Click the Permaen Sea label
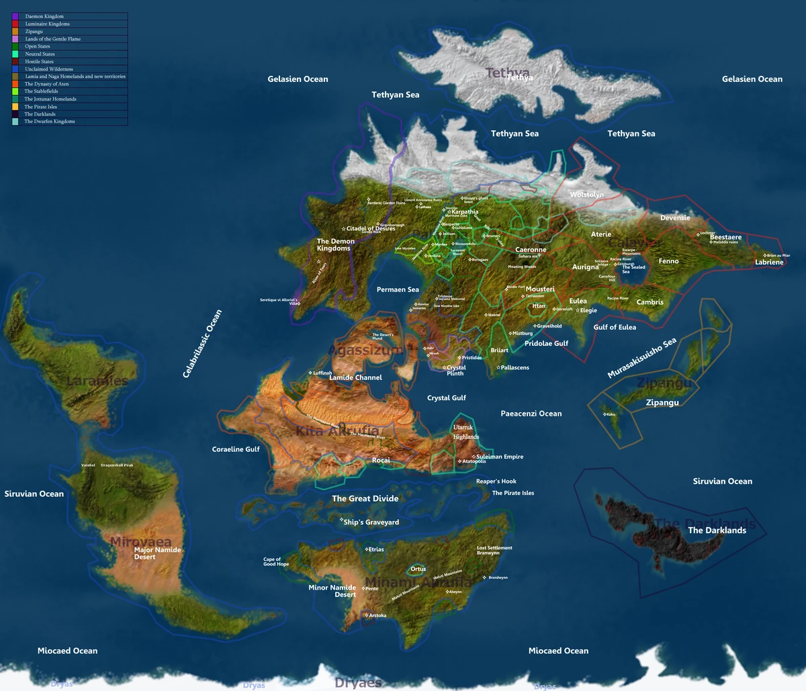[x=398, y=289]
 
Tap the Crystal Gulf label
[x=447, y=398]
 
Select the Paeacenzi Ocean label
[x=531, y=414]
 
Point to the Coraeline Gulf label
[x=236, y=449]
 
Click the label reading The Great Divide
[x=365, y=498]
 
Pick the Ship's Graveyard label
[x=371, y=522]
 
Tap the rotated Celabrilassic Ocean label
[x=202, y=344]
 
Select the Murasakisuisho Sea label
[x=641, y=358]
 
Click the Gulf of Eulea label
[x=615, y=327]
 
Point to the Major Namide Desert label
[x=157, y=553]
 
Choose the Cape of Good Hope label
[x=276, y=561]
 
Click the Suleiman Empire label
[x=499, y=457]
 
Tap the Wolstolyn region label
[x=586, y=195]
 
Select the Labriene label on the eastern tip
[x=769, y=262]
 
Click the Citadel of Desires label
[x=371, y=229]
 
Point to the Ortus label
[x=418, y=569]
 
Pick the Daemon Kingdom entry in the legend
[x=44, y=16]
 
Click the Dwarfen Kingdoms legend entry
[x=50, y=122]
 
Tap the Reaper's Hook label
[x=496, y=481]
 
